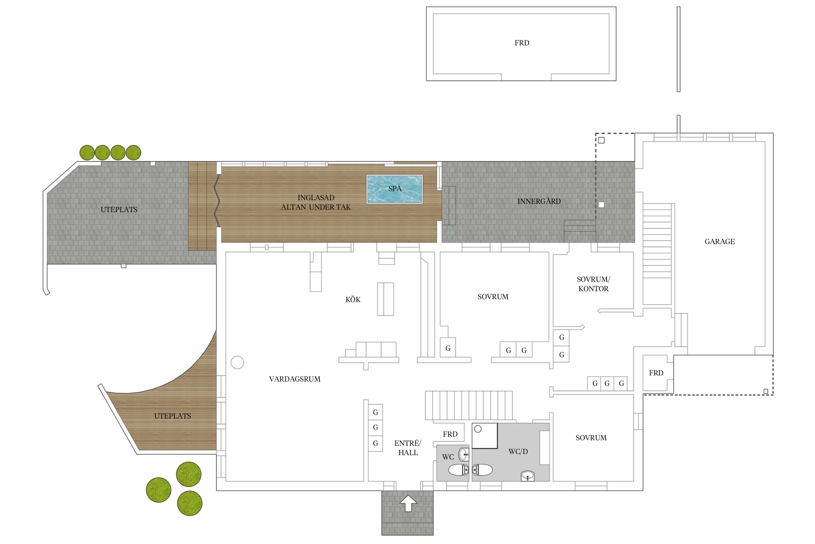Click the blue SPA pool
coord(394,189)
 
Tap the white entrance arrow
coord(408,503)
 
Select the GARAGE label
coord(720,242)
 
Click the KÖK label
coord(353,300)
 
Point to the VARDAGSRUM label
coord(294,379)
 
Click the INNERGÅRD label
coord(539,201)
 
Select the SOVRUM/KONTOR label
coord(593,284)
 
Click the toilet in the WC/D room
coord(482,470)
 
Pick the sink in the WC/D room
coord(528,476)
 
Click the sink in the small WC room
coord(464,454)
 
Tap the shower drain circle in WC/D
coord(478,429)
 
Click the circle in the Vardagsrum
coord(237,362)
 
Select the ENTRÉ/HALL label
coord(408,448)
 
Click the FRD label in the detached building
coord(522,43)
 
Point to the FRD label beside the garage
coord(656,373)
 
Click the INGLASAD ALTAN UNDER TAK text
coord(316,203)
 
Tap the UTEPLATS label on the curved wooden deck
coord(172,416)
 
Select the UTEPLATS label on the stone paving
coord(119,210)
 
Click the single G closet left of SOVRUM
coord(448,348)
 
